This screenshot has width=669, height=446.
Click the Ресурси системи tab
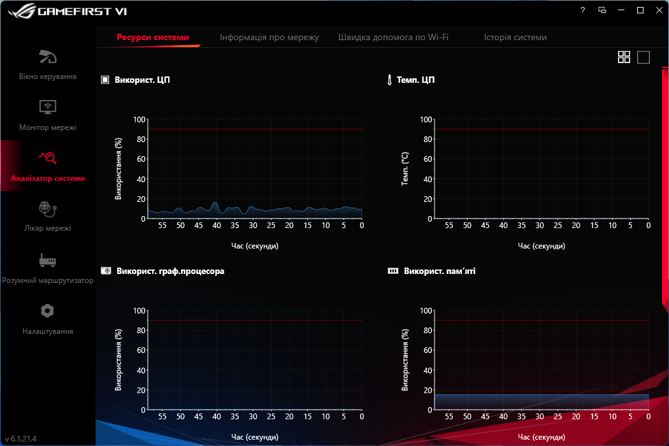point(153,37)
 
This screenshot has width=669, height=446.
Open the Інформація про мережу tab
point(269,37)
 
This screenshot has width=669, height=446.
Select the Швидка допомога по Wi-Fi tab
point(393,37)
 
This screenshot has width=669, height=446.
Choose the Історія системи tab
point(515,37)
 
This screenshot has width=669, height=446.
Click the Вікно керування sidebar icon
point(48,57)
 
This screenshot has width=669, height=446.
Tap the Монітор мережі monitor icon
point(48,107)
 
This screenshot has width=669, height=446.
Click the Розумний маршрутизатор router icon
point(48,260)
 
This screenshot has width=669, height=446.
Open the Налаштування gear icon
point(47,311)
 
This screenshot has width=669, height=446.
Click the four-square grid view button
point(624,57)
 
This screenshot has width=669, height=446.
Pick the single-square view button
point(644,57)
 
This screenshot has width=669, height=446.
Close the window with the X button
point(659,10)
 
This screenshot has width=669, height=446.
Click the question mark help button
point(582,10)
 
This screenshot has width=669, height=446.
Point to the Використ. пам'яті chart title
point(439,271)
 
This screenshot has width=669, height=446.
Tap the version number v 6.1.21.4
point(20,439)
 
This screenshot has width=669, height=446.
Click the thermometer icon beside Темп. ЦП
point(389,80)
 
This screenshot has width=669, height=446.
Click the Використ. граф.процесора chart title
point(170,271)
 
